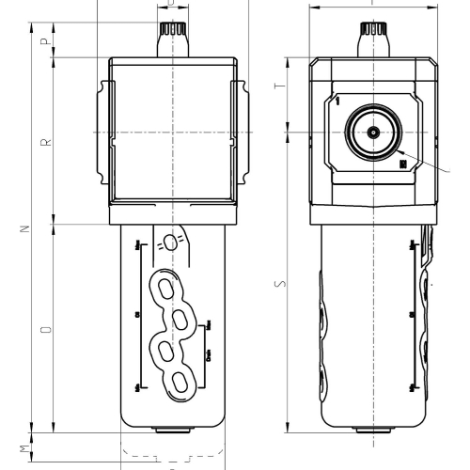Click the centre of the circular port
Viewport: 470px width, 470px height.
373,133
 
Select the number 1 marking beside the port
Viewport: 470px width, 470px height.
336,99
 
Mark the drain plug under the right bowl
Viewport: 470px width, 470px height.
373,431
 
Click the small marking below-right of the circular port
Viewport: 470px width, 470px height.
403,164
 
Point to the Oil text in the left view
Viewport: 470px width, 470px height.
137,315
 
